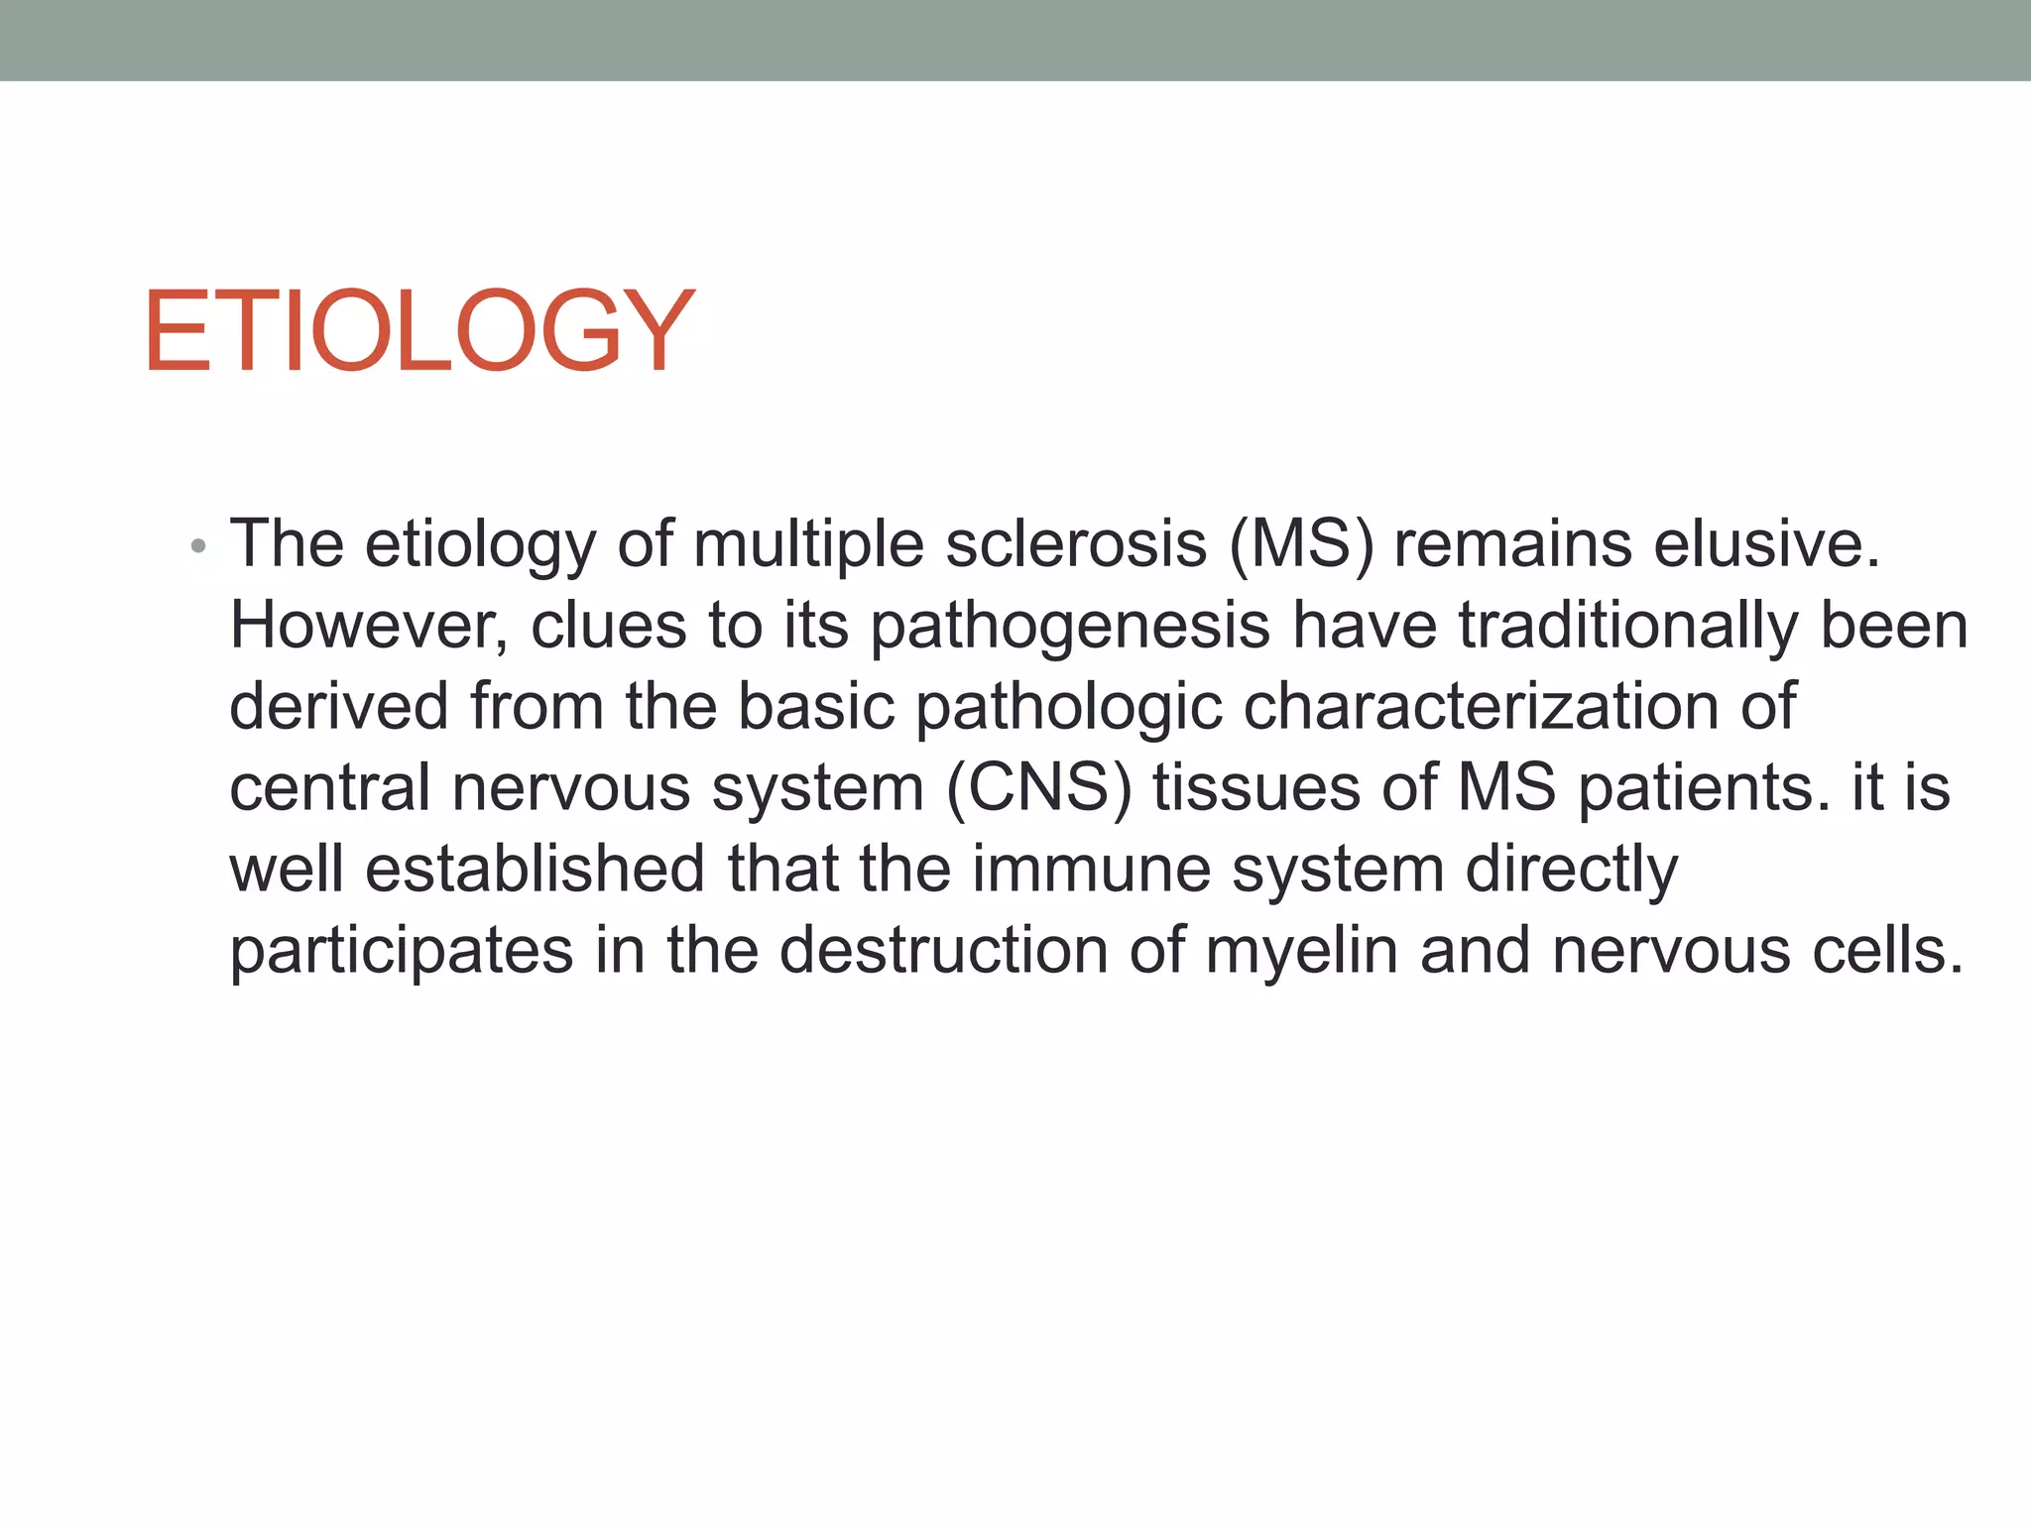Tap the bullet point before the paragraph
point(198,546)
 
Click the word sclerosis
point(1076,544)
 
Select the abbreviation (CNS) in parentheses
point(1038,788)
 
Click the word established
point(535,870)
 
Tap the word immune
point(1091,870)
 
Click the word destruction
point(943,951)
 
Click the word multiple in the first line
point(808,546)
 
